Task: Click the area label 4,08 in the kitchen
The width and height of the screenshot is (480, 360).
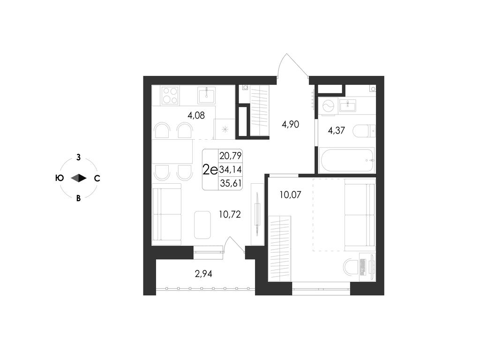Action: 196,115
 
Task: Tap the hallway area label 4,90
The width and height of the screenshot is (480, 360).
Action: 290,124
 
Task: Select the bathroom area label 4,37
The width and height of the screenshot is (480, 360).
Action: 336,131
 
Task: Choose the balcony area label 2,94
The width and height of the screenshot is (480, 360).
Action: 203,274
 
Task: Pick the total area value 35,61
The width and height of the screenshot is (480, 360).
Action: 230,183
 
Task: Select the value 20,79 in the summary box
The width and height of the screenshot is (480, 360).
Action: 230,155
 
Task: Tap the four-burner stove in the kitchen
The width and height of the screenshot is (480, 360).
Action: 170,96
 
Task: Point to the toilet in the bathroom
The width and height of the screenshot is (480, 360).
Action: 363,131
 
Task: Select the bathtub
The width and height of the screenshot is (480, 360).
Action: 348,160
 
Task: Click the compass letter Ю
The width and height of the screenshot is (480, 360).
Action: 60,178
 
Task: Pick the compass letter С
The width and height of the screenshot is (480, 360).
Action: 97,178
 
